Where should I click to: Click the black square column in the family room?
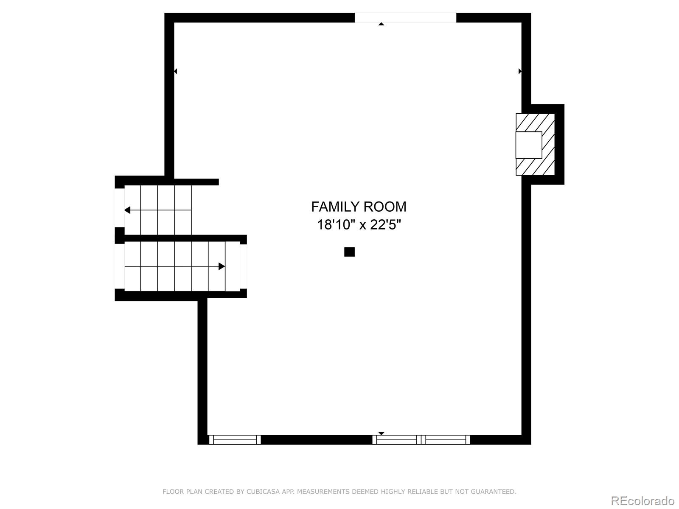click(349, 252)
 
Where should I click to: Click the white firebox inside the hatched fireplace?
click(529, 145)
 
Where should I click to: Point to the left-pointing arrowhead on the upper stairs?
click(127, 210)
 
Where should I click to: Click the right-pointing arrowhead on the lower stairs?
click(222, 266)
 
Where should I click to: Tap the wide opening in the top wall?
click(405, 17)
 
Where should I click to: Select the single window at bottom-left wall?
click(235, 440)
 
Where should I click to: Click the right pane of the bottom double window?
click(446, 440)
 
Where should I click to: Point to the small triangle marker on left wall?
click(175, 71)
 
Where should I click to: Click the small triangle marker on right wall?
click(520, 71)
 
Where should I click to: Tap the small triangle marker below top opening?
click(381, 24)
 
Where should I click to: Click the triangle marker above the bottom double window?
click(381, 433)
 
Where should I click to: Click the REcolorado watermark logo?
click(643, 501)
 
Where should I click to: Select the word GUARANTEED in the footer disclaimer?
click(495, 492)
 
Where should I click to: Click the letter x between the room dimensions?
click(363, 225)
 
